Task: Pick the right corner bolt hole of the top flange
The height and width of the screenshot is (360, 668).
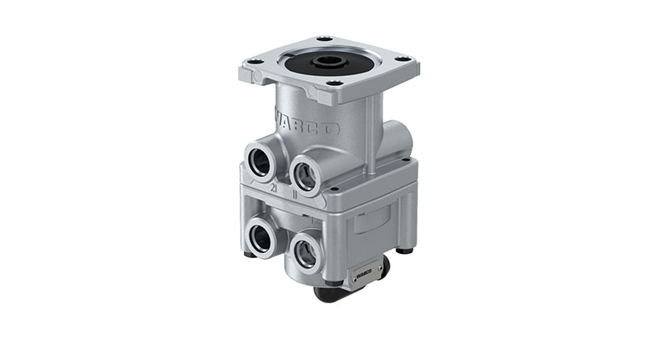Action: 402,58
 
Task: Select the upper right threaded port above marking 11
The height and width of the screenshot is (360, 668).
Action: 306,175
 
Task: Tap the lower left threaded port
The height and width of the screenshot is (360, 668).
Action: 262,237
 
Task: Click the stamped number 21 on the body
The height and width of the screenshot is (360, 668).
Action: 273,190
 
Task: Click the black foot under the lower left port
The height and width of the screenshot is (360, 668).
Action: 250,254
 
